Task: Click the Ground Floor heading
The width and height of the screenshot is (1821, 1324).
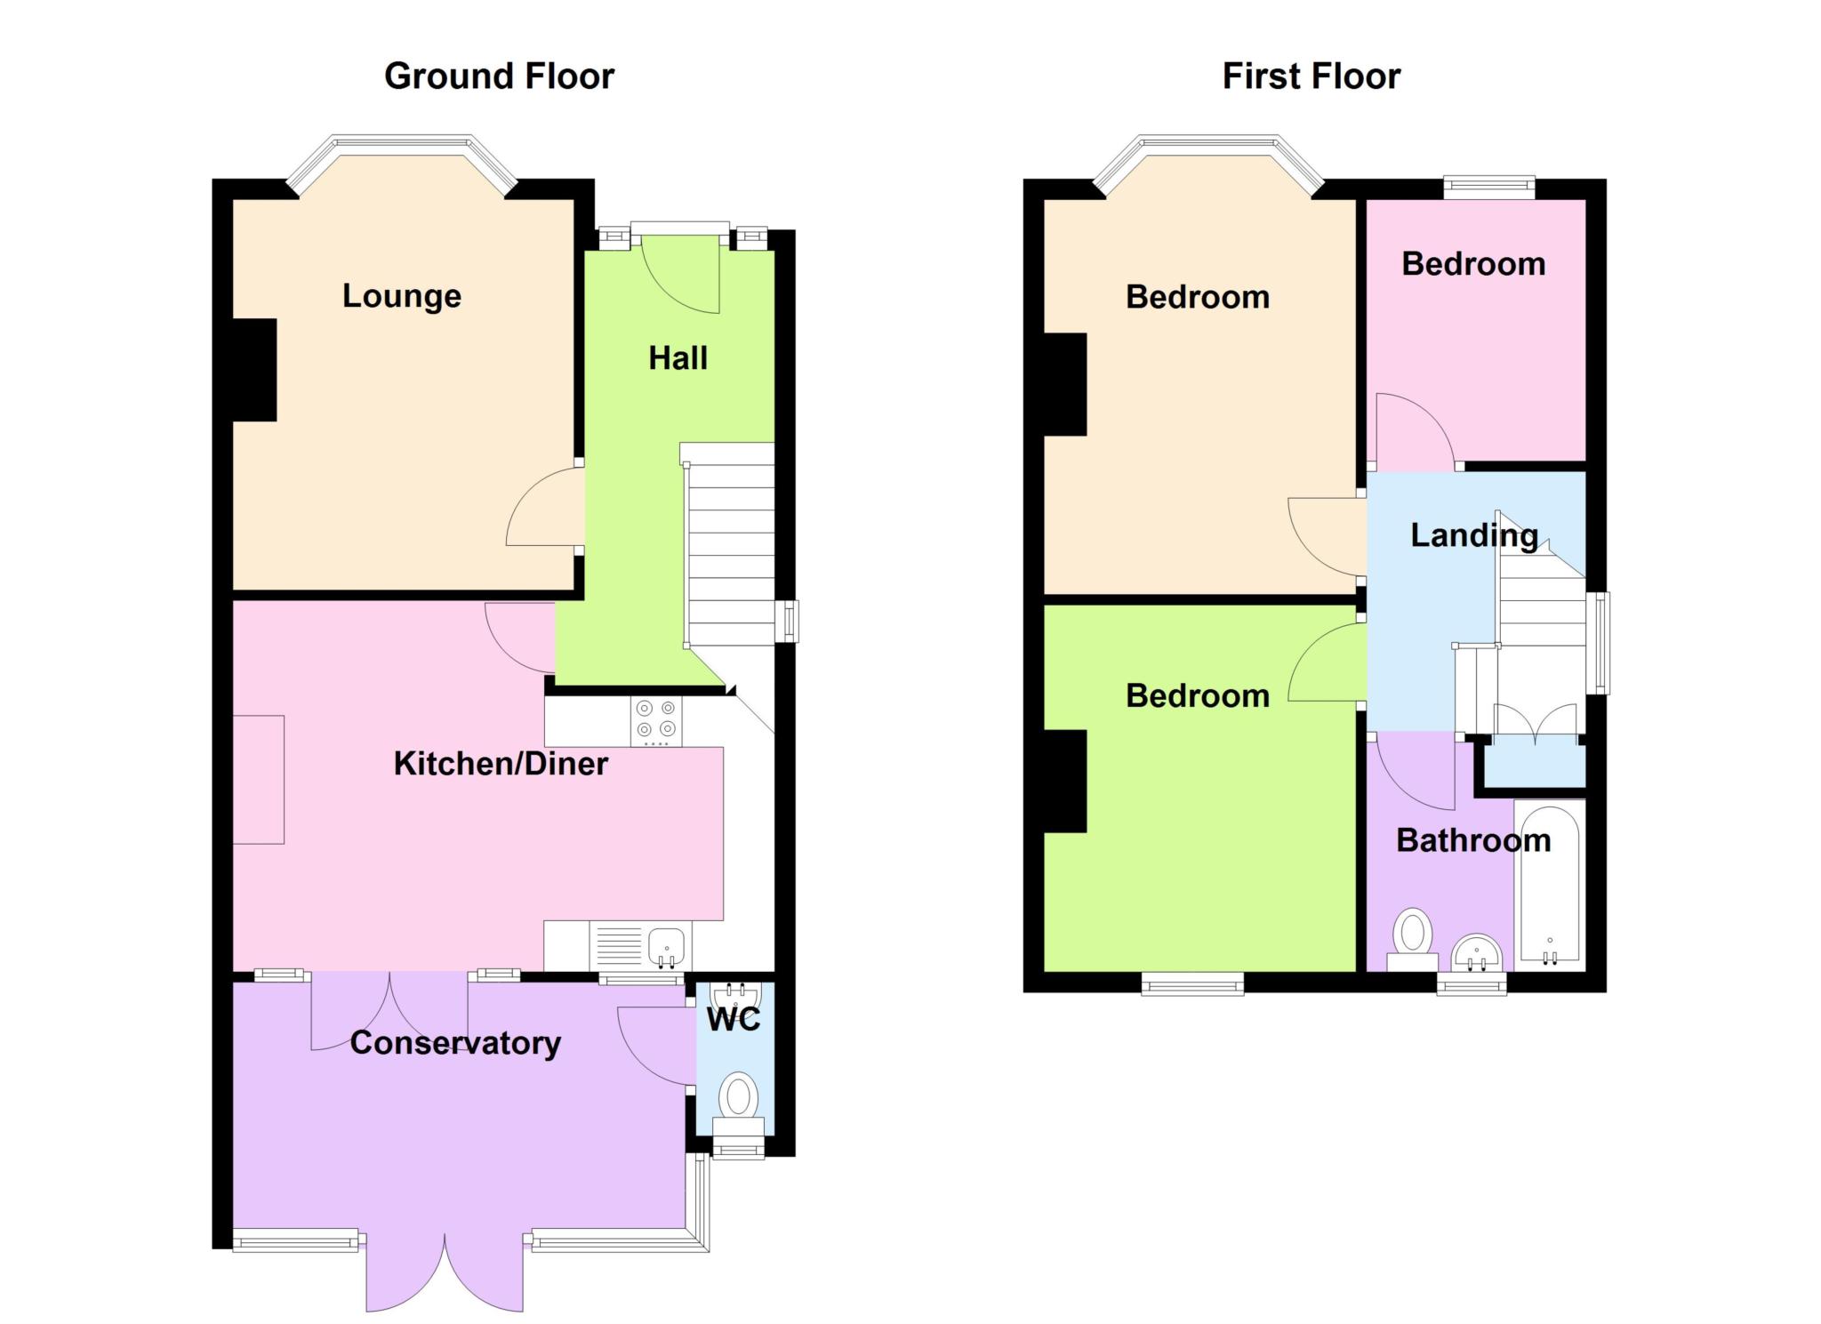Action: click(x=499, y=76)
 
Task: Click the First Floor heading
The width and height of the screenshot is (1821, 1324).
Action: click(x=1312, y=76)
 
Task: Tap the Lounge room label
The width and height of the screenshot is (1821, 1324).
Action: click(x=402, y=296)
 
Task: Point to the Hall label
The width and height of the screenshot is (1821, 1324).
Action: click(x=678, y=358)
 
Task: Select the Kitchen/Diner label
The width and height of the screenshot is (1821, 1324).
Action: click(x=501, y=763)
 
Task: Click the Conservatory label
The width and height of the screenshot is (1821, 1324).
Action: click(x=455, y=1042)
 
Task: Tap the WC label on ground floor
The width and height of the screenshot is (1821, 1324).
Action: click(x=734, y=1020)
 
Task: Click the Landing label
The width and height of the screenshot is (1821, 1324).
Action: click(x=1474, y=535)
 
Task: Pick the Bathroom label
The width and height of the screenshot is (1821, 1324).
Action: click(x=1473, y=840)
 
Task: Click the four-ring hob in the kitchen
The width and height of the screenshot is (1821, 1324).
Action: click(x=656, y=721)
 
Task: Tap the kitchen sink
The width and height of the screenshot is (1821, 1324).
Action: click(x=666, y=947)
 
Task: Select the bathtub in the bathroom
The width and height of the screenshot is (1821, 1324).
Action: click(x=1550, y=886)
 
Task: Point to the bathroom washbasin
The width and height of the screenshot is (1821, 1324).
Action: click(x=1477, y=953)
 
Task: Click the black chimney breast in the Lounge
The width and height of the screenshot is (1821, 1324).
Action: click(x=254, y=370)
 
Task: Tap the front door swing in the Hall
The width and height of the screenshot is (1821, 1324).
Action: click(x=680, y=275)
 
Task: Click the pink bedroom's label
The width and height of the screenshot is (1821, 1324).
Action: click(x=1473, y=264)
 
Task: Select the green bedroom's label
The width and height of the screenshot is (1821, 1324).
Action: click(x=1198, y=695)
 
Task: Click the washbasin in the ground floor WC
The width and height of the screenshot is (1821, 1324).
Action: click(x=736, y=994)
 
